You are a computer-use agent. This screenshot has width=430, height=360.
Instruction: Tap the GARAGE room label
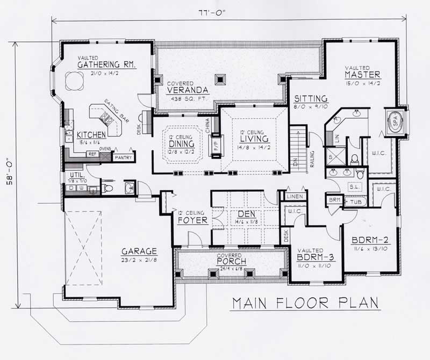(139, 251)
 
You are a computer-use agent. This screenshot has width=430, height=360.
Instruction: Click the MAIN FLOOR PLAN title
(305, 304)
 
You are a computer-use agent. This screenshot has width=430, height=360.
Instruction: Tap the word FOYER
(192, 220)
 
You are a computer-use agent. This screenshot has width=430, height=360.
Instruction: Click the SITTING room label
(311, 99)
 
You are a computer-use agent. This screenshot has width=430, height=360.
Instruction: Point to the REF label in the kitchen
(91, 154)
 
